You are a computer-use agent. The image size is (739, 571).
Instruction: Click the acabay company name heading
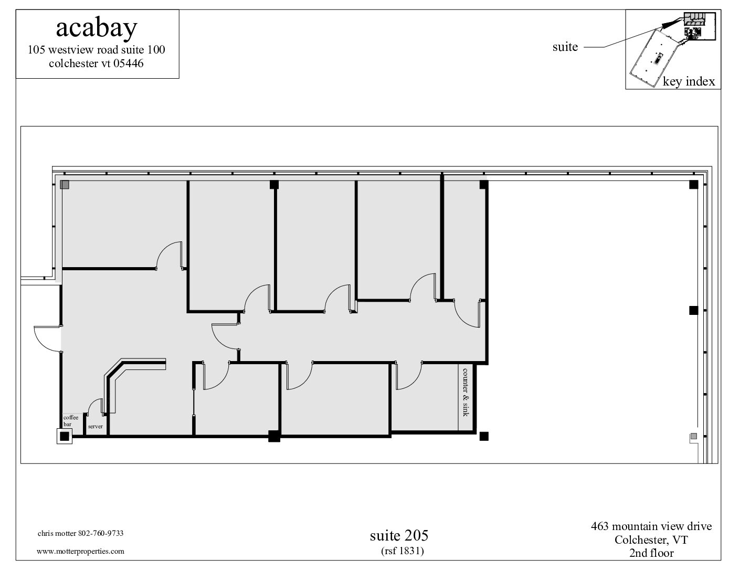tap(97, 28)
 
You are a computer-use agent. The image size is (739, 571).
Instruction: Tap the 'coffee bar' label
tap(71, 420)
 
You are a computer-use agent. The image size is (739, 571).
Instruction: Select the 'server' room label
tap(95, 427)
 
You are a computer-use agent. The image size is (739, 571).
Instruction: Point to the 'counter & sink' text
tap(465, 393)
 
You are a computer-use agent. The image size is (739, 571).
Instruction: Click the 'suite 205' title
tap(399, 536)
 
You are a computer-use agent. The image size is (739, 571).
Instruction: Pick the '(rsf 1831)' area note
tap(403, 551)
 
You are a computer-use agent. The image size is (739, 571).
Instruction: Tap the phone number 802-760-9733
tap(101, 533)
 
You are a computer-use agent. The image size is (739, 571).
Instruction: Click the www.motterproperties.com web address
tap(80, 551)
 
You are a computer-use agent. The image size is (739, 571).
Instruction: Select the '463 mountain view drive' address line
tap(651, 526)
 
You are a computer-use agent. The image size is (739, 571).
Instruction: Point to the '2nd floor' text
tap(651, 553)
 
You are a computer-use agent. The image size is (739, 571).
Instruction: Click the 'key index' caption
tap(689, 81)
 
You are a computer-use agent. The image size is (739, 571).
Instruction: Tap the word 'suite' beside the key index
tap(565, 47)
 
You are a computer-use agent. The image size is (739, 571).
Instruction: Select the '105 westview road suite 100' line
tap(96, 50)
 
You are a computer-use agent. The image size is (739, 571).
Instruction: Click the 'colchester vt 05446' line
tap(96, 64)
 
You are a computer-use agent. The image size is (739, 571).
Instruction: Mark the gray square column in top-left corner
tap(65, 185)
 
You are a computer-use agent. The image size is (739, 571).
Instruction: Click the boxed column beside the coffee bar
tap(64, 436)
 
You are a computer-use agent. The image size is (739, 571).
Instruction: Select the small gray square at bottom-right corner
tap(694, 436)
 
